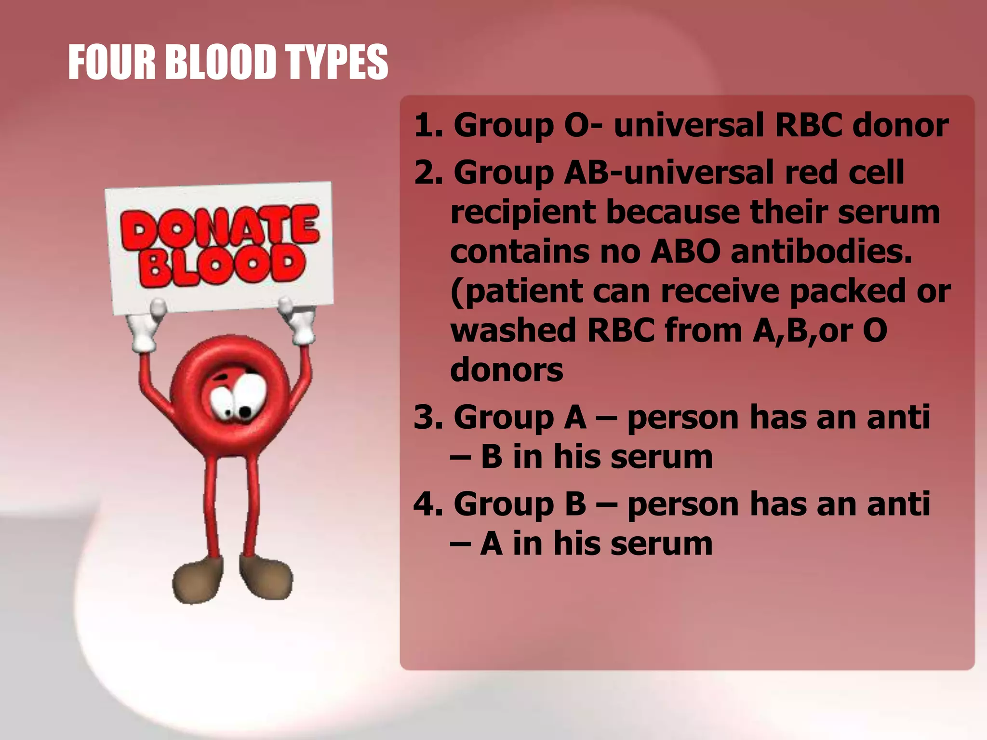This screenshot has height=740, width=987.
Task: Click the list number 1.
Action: pyautogui.click(x=427, y=125)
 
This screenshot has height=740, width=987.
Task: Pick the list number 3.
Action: pyautogui.click(x=427, y=417)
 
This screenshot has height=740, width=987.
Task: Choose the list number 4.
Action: pyautogui.click(x=427, y=504)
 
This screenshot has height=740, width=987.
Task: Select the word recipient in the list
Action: pyautogui.click(x=522, y=213)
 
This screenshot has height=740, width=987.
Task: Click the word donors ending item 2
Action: pyautogui.click(x=506, y=370)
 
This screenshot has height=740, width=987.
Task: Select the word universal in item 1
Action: pyautogui.click(x=689, y=125)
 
